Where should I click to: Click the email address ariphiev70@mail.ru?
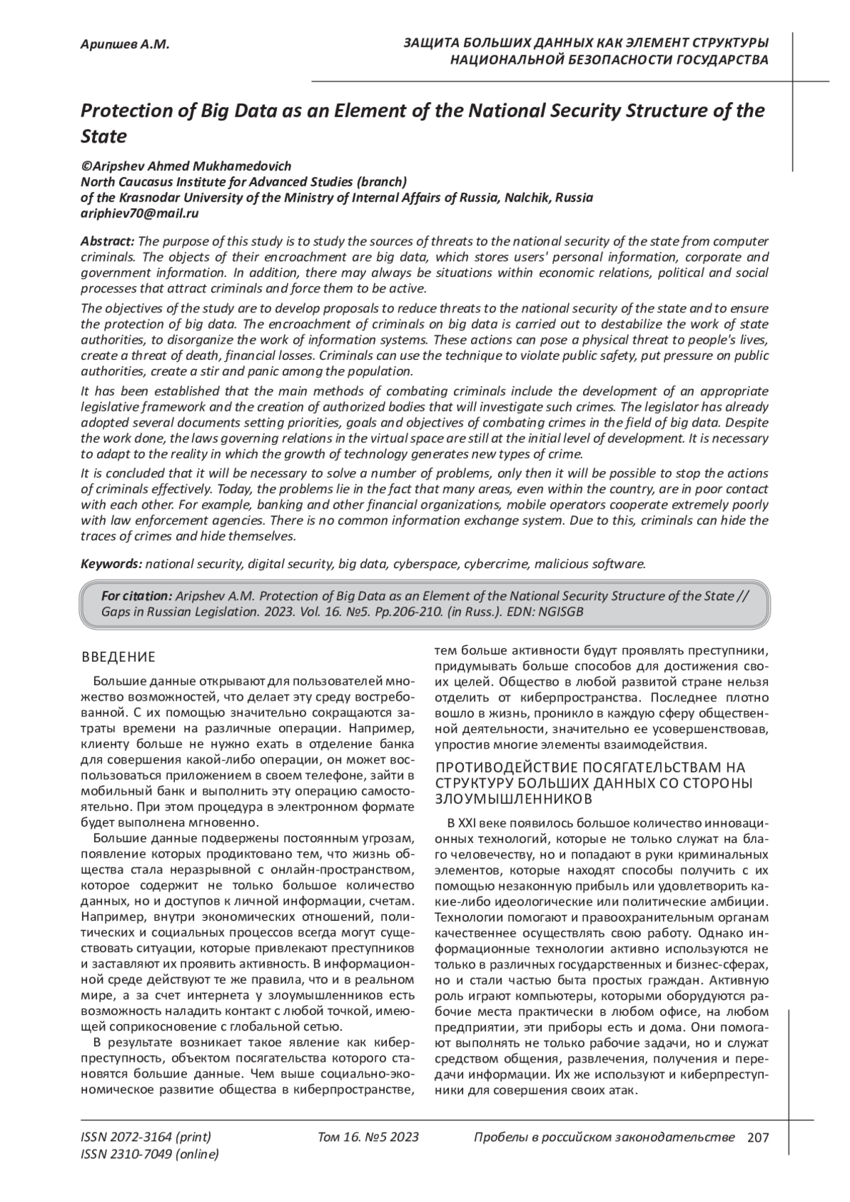140,212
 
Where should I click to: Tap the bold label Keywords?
112,564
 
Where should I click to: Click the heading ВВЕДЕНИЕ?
118,658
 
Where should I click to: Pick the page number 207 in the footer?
757,1138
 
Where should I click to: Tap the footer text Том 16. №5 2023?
368,1138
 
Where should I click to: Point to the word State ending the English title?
103,135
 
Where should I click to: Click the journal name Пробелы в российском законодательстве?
603,1138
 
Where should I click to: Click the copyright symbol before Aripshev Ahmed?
86,166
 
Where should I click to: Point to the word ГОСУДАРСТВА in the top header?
722,59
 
